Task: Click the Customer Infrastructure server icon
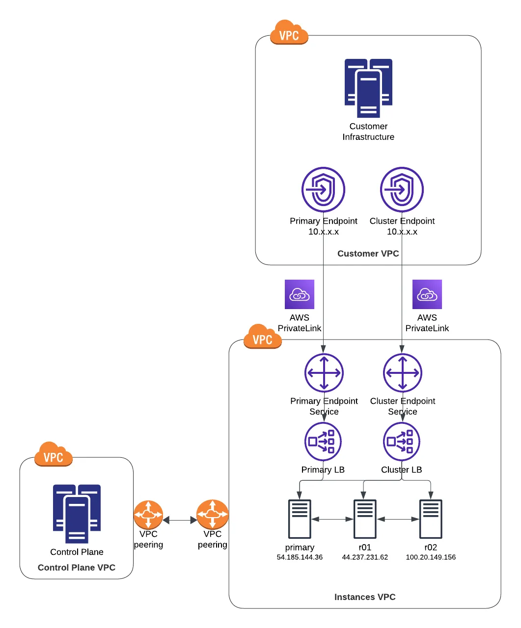368,88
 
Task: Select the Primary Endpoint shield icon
323,189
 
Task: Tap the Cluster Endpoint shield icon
402,189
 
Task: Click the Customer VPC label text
368,254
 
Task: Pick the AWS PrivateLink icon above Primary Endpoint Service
300,294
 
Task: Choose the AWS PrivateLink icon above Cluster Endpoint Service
427,294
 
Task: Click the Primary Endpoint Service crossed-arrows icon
324,373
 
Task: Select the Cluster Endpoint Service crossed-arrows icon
402,373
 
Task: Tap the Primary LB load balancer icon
323,442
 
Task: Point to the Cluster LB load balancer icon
401,442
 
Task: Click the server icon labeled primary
300,519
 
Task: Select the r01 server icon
365,519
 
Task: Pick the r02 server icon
431,519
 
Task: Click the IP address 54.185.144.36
300,557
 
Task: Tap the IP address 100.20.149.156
431,557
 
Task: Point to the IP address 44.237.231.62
365,557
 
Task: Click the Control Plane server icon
77,514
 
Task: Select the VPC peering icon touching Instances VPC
212,515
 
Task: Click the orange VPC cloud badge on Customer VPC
289,33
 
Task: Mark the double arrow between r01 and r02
398,519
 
